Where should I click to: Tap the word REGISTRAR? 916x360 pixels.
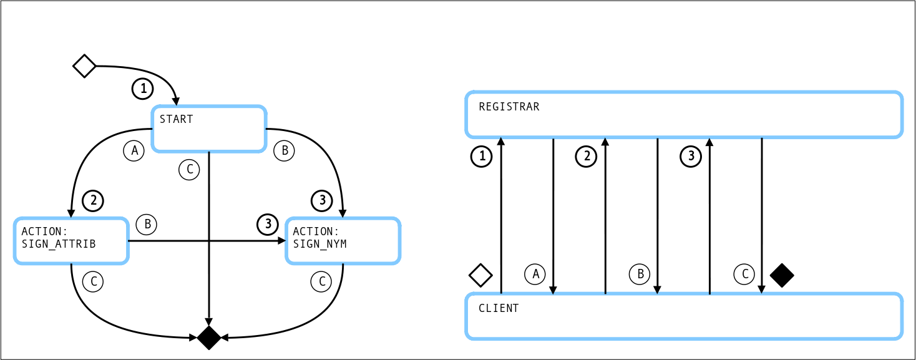[x=509, y=107]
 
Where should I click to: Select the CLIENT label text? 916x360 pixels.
[x=499, y=308]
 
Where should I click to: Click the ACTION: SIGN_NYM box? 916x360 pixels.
[x=343, y=240]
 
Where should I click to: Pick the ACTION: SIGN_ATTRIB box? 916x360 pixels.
[x=71, y=240]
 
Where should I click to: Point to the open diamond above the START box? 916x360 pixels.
[x=84, y=66]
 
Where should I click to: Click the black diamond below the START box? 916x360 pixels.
[x=209, y=338]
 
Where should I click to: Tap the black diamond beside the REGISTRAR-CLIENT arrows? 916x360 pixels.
[x=782, y=275]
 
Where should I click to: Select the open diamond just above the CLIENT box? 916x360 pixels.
[x=480, y=275]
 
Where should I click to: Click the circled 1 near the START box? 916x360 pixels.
[x=143, y=89]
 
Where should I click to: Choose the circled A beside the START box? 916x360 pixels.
[x=134, y=150]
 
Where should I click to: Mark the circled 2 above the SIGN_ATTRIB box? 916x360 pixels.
[x=93, y=200]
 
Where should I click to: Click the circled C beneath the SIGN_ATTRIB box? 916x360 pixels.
[x=93, y=282]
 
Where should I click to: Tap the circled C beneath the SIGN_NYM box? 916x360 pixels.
[x=321, y=282]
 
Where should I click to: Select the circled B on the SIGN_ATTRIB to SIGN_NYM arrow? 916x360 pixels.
[x=147, y=224]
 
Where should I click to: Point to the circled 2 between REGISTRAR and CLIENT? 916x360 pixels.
[x=586, y=157]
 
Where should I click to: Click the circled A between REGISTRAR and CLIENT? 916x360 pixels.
[x=535, y=274]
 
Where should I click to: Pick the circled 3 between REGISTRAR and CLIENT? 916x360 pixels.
[x=690, y=157]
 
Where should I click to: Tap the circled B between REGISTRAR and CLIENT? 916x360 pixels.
[x=640, y=274]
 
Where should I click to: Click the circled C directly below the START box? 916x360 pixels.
[x=189, y=169]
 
